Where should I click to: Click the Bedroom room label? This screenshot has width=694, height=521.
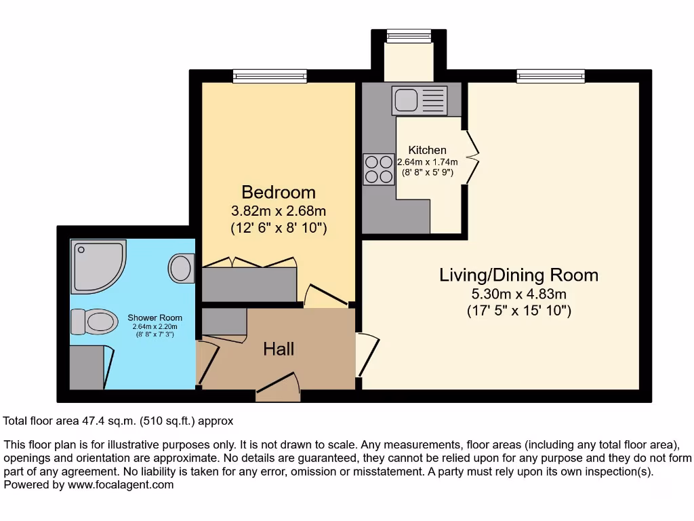point(279,192)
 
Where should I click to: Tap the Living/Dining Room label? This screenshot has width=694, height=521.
point(518,275)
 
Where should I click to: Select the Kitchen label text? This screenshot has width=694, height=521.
point(427,150)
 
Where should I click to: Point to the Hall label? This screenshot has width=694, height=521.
point(279,349)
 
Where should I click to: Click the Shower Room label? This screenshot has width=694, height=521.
point(155,317)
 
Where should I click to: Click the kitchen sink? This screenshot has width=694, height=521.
point(419,100)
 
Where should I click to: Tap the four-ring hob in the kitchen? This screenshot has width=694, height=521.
point(379,169)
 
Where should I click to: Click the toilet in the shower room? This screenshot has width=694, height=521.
point(92,322)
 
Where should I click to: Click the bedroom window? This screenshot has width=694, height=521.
point(270,76)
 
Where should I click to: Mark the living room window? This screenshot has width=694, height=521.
point(550,76)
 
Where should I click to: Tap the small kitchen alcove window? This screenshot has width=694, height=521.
point(409,36)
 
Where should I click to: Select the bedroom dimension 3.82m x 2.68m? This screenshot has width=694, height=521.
point(279,210)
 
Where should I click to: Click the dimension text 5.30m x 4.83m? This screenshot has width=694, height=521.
point(518,294)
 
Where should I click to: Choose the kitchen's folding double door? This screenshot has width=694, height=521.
point(472,156)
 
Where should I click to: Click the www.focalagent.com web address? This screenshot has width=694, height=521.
point(119,485)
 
